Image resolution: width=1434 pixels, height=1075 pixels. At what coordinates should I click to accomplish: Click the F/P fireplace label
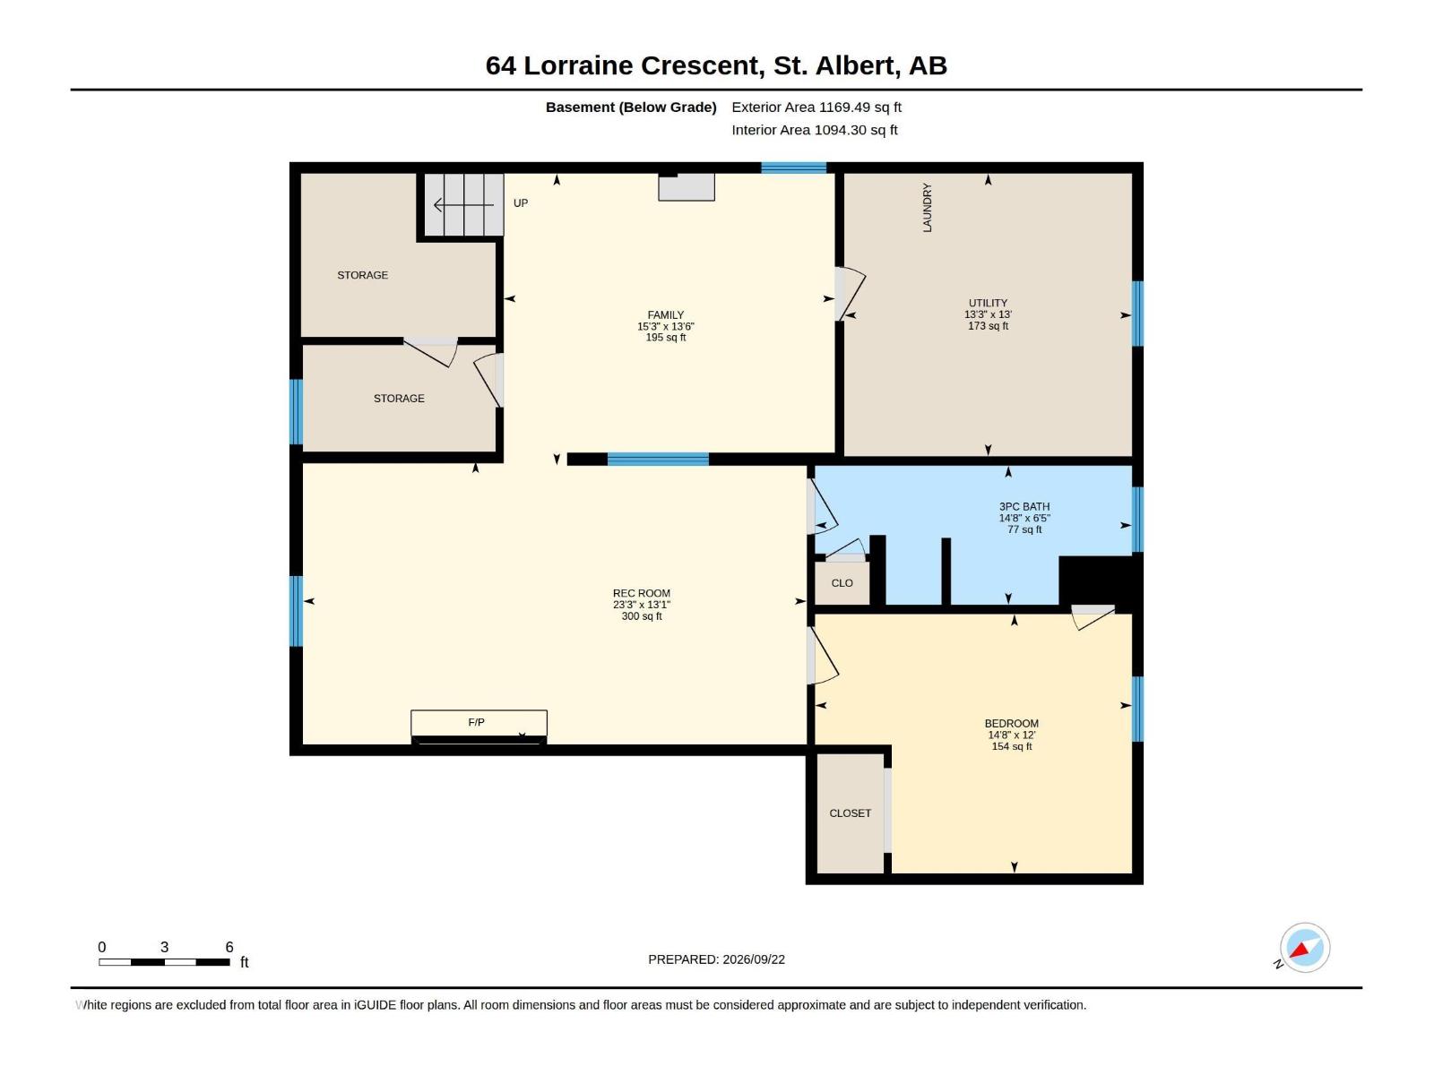pyautogui.click(x=476, y=722)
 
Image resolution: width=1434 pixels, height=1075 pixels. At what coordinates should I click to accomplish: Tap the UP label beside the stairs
pyautogui.click(x=520, y=203)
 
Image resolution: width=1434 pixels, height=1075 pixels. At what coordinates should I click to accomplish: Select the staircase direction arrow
pyautogui.click(x=463, y=206)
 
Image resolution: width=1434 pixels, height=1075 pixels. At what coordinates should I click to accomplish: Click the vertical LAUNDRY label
pyautogui.click(x=927, y=208)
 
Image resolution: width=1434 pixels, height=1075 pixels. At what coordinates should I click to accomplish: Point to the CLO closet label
pyautogui.click(x=842, y=583)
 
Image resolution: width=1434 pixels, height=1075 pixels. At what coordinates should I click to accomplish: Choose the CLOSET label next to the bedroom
pyautogui.click(x=850, y=813)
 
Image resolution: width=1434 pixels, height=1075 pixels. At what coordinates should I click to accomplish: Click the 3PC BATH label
pyautogui.click(x=1024, y=506)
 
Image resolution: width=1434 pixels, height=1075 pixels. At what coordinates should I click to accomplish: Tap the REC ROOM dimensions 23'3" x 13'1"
pyautogui.click(x=641, y=605)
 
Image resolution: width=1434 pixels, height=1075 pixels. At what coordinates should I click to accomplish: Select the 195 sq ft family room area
pyautogui.click(x=666, y=338)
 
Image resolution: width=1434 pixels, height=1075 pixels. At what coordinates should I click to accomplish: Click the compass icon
pyautogui.click(x=1304, y=948)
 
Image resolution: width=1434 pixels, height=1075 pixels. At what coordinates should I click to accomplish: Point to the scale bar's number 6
pyautogui.click(x=229, y=947)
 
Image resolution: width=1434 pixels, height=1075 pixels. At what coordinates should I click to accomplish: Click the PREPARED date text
pyautogui.click(x=716, y=959)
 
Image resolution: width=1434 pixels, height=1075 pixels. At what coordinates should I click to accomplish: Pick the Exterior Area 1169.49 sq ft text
pyautogui.click(x=816, y=107)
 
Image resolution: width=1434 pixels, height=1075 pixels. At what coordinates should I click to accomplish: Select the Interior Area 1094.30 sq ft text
pyautogui.click(x=814, y=130)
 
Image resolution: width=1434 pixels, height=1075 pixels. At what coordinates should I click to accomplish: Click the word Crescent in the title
pyautogui.click(x=702, y=65)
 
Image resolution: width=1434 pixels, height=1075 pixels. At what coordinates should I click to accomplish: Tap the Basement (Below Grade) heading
pyautogui.click(x=631, y=107)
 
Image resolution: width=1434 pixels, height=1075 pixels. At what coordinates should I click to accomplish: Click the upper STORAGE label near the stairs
pyautogui.click(x=363, y=275)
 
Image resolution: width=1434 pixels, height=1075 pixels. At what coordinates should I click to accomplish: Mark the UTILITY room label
pyautogui.click(x=988, y=303)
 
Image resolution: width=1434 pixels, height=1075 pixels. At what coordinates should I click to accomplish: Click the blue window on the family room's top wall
pyautogui.click(x=794, y=168)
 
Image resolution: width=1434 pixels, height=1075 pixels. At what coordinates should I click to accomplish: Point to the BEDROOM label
pyautogui.click(x=1011, y=723)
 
